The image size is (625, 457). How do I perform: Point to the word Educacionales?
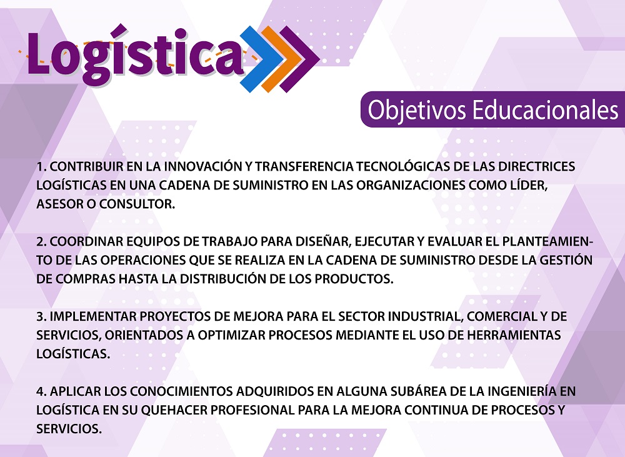(x=545, y=110)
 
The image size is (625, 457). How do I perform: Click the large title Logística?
(x=134, y=56)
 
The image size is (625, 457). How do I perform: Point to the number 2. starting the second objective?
(x=41, y=242)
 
